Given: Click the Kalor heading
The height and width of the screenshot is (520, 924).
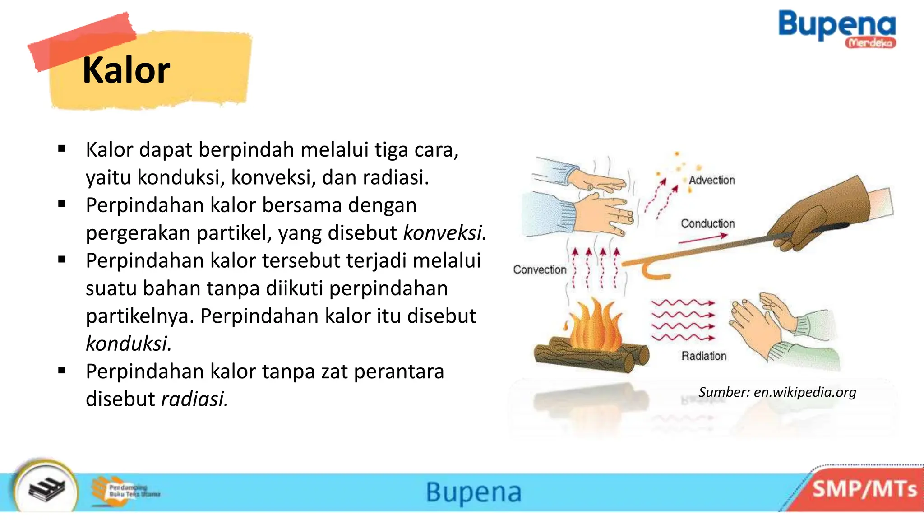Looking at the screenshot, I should coord(126,70).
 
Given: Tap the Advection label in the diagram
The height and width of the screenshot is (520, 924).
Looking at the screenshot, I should coord(711,180).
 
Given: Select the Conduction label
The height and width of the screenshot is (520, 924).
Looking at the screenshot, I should coord(707,223).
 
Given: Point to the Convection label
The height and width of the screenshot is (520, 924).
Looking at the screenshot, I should coord(540,269).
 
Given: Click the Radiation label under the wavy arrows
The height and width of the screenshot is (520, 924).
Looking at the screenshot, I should coord(704,356).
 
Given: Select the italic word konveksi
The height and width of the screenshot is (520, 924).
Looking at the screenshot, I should coord(444,233).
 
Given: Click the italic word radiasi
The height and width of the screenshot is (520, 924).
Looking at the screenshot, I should coord(194,399).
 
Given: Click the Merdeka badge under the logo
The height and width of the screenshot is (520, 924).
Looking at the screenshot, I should coord(870,43).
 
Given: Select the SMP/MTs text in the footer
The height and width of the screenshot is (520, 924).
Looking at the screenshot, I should coord(864,489).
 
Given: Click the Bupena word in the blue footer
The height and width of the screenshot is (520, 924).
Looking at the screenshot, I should coord(474,492).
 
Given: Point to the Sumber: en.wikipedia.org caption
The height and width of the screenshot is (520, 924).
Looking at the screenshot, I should coord(777,392).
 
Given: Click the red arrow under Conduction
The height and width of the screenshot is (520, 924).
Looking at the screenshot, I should coord(703,238).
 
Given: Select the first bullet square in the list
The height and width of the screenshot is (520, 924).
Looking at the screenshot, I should coord(62,149).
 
